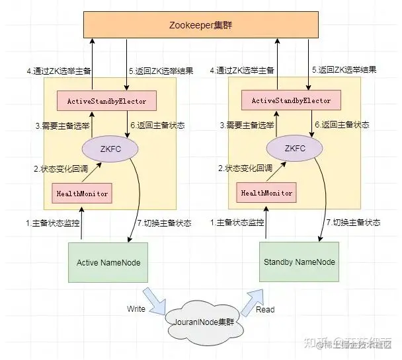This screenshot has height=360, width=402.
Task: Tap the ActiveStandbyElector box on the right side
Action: coord(292,101)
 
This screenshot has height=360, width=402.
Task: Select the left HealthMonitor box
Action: coord(81,193)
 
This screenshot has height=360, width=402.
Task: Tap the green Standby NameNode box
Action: coord(300,262)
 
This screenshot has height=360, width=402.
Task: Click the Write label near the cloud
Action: coord(137,308)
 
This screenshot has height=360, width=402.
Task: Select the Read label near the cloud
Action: coord(265,309)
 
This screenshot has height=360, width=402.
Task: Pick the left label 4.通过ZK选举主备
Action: coord(58,70)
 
